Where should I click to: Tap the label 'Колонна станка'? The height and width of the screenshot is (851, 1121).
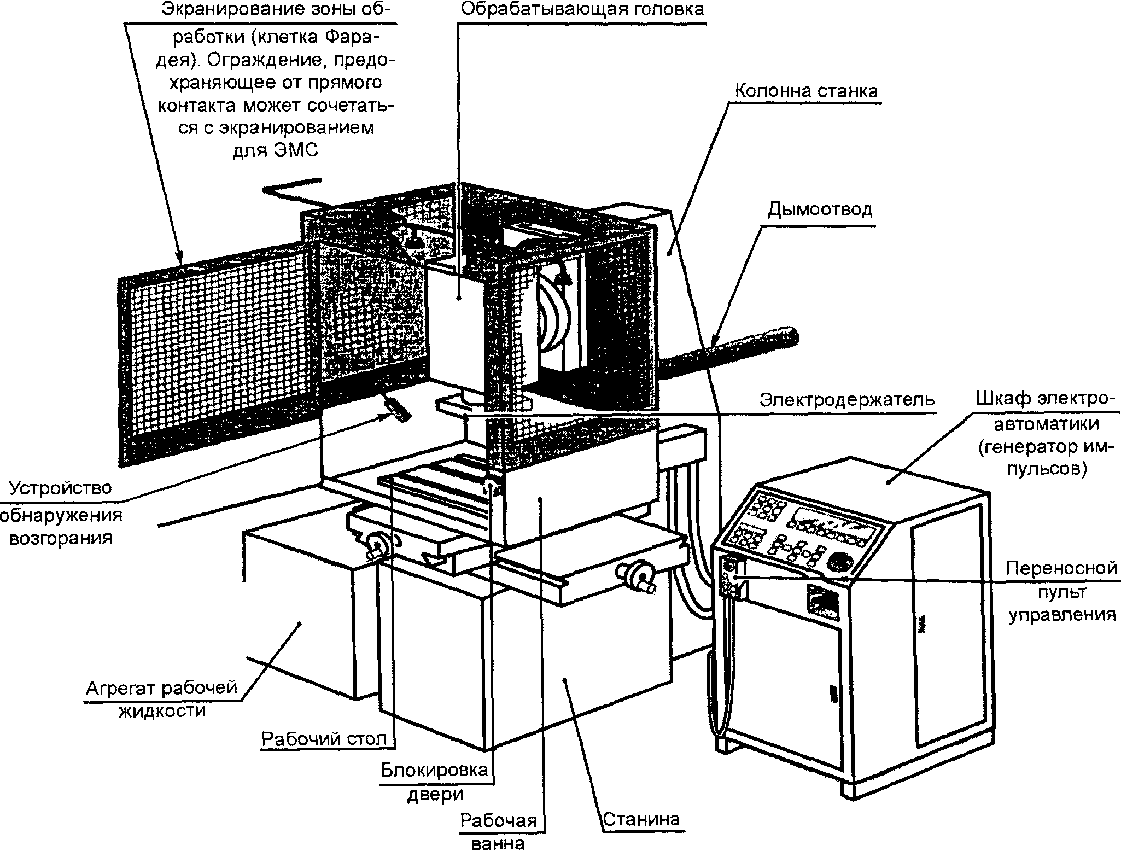click(806, 90)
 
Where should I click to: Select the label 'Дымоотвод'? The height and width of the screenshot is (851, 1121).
click(820, 209)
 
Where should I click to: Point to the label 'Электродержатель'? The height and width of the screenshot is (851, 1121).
click(847, 400)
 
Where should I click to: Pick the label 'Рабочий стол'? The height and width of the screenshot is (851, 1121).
click(324, 738)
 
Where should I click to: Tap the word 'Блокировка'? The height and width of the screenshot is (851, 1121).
click(434, 770)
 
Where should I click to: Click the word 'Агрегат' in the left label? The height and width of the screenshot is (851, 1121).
click(121, 687)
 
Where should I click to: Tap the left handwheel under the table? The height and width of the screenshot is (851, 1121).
click(376, 545)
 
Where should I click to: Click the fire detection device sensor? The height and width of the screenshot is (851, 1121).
click(396, 408)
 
